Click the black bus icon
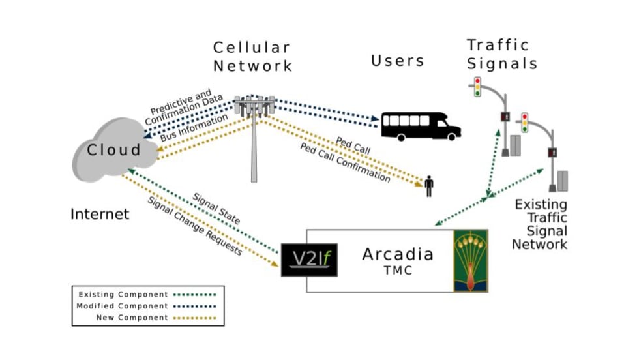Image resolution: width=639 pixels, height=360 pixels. [420, 125]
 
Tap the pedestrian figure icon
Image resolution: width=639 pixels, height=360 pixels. [428, 187]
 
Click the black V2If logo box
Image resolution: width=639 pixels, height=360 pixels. [308, 259]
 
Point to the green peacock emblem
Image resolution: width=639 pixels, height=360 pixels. [470, 260]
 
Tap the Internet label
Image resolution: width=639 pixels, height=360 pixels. [100, 214]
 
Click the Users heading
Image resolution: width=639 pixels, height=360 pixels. [398, 61]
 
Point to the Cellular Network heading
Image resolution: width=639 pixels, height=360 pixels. [253, 57]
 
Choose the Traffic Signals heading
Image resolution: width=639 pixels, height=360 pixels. [502, 55]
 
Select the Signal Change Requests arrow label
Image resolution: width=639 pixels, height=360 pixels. [195, 226]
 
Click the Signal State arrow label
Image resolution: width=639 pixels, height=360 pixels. [216, 208]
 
